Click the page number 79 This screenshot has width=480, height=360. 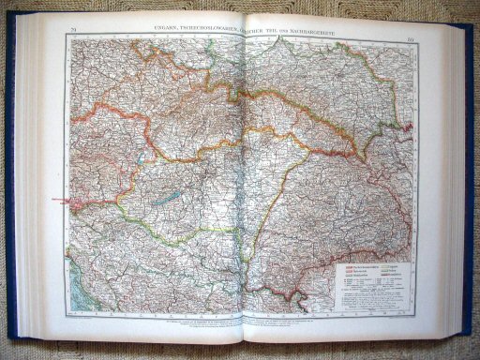pos(72,36)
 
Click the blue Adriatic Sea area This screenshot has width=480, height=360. pos(89,281)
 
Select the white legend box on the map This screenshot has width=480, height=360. pos(367,280)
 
